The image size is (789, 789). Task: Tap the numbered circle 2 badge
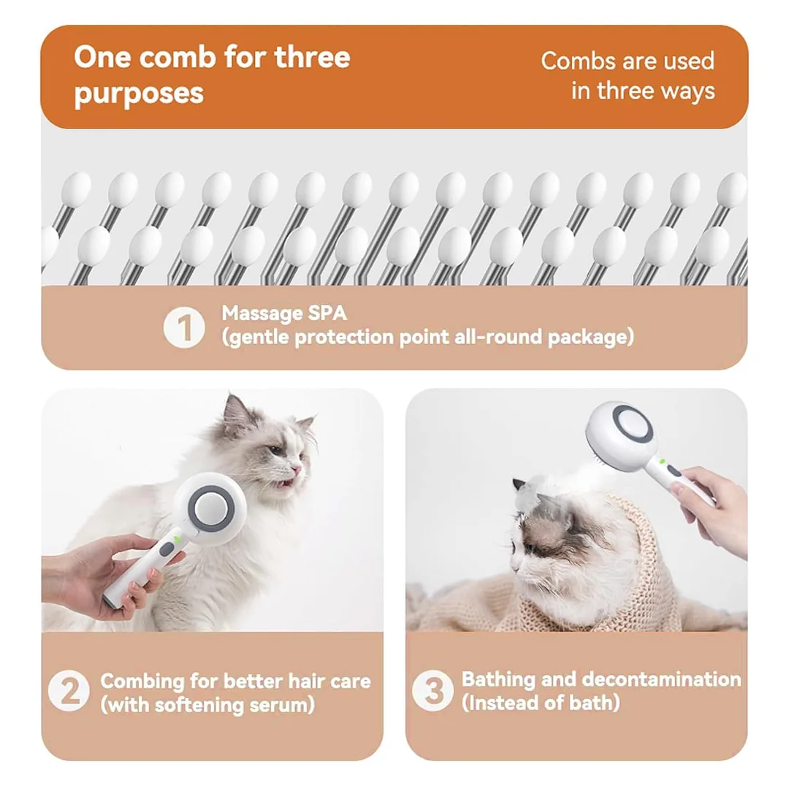(x=69, y=692)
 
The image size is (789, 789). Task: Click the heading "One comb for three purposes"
(x=212, y=75)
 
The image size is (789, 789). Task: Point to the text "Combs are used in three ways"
(x=628, y=75)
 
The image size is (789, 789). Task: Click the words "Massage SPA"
(x=285, y=313)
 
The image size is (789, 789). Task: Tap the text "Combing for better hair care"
(x=235, y=681)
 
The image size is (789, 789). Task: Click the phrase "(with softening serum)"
(x=207, y=705)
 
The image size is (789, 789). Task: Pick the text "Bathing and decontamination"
(x=601, y=679)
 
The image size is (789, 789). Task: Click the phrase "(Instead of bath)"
(x=541, y=703)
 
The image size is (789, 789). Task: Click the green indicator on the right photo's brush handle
(x=663, y=461)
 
